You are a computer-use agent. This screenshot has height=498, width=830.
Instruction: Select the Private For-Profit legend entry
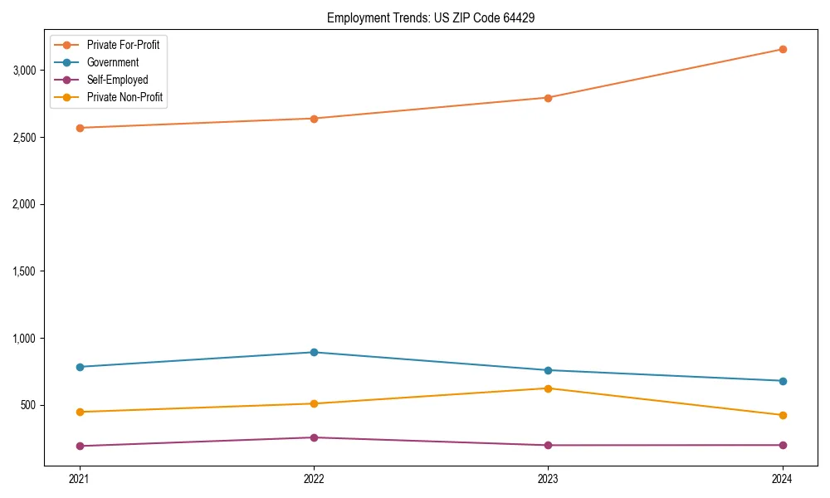pyautogui.click(x=123, y=45)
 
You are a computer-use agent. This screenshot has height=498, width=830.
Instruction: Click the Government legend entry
pyautogui.click(x=113, y=62)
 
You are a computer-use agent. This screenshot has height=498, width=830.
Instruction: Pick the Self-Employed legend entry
pyautogui.click(x=117, y=80)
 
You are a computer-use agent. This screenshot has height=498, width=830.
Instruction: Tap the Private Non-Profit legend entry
pyautogui.click(x=124, y=97)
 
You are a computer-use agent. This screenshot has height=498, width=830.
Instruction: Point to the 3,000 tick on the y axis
pyautogui.click(x=24, y=71)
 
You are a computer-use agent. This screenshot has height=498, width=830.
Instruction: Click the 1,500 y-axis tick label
pyautogui.click(x=24, y=271)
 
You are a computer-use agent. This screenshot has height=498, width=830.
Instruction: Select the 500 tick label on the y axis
pyautogui.click(x=29, y=406)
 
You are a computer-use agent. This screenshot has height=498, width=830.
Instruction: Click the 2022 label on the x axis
pyautogui.click(x=314, y=478)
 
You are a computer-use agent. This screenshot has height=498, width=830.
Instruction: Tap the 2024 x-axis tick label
pyautogui.click(x=782, y=478)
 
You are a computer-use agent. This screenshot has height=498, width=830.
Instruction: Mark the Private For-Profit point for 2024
pyautogui.click(x=782, y=49)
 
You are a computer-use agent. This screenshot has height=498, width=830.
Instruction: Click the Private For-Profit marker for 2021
pyautogui.click(x=80, y=128)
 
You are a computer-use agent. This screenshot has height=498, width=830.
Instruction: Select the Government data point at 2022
pyautogui.click(x=314, y=352)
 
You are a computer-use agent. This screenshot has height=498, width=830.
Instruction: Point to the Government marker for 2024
pyautogui.click(x=782, y=381)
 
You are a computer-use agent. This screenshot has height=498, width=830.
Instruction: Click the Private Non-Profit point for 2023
pyautogui.click(x=548, y=388)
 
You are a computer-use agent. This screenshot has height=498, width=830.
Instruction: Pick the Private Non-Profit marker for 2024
pyautogui.click(x=782, y=415)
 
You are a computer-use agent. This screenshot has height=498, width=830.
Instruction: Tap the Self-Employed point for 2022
pyautogui.click(x=314, y=437)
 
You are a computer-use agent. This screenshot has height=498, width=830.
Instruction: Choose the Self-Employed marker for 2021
pyautogui.click(x=80, y=446)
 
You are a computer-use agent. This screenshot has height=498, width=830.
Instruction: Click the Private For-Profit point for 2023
pyautogui.click(x=548, y=98)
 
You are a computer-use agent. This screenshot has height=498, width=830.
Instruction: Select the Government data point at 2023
pyautogui.click(x=548, y=370)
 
